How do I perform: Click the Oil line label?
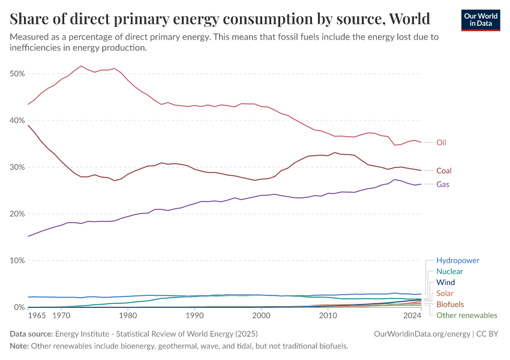point(441,143)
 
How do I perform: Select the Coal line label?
point(444,170)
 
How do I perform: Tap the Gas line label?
point(443,184)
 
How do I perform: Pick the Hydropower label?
point(458,261)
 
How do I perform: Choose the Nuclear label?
point(449,272)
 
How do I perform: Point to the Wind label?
point(445,283)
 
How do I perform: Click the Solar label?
point(445,293)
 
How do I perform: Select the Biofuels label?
point(449,304)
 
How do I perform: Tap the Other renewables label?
point(466,315)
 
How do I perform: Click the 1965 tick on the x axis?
point(37,314)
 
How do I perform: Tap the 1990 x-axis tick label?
point(194,314)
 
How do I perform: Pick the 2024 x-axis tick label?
point(412,314)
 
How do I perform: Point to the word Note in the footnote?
point(20,346)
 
